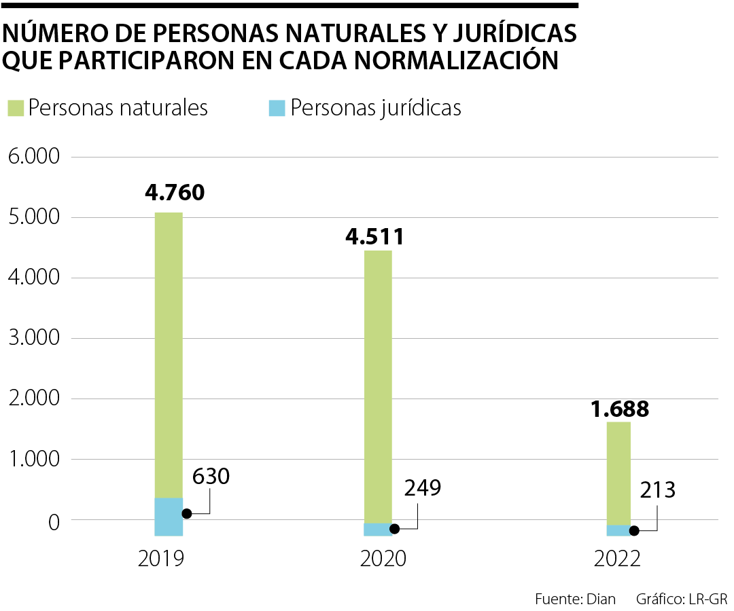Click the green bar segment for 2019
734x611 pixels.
(169, 353)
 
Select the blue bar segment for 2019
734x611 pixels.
(169, 516)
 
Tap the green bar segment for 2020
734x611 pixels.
(378, 387)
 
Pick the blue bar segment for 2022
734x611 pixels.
(618, 530)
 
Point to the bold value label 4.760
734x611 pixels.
(175, 193)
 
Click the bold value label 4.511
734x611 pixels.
(375, 237)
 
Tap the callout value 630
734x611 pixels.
(211, 477)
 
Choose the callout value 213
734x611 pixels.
(657, 489)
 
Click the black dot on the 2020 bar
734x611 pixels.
(394, 528)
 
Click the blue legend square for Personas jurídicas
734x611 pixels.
(277, 108)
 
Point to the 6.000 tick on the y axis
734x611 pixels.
(33, 157)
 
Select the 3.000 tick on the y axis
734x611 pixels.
(33, 338)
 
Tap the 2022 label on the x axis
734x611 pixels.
(618, 559)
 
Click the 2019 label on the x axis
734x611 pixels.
(161, 559)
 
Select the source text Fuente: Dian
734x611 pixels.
(575, 599)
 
